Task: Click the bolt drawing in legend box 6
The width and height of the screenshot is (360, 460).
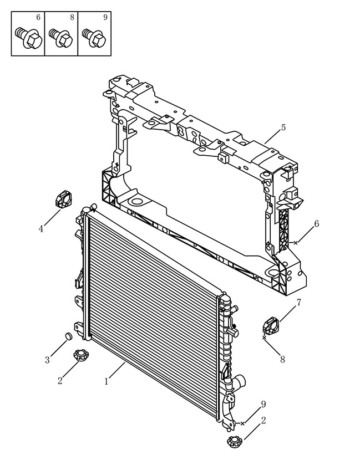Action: point(28,38)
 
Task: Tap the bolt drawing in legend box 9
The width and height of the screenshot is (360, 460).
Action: point(94,38)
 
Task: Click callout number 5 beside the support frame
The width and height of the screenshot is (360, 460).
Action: point(283,127)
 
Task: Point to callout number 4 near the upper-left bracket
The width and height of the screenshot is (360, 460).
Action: point(41,228)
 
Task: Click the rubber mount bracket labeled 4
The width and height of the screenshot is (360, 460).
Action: point(64,199)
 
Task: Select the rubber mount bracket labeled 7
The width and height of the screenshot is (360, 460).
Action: point(271,325)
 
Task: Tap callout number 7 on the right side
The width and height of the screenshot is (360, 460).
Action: point(298,302)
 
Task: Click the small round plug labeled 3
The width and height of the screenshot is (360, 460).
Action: point(68,336)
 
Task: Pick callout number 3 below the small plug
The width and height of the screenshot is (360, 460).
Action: point(47,360)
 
